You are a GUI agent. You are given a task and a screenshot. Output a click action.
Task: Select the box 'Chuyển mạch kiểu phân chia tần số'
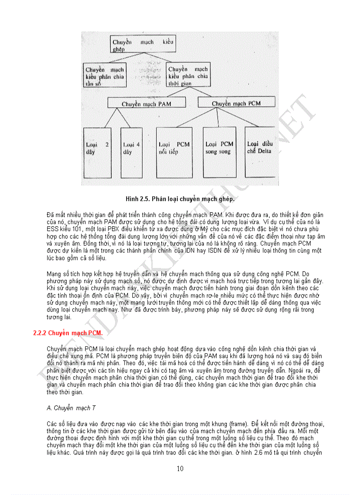[105, 76]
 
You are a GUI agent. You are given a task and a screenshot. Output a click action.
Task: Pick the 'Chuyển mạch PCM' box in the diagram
[236, 103]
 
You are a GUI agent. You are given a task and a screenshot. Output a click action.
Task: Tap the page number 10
[180, 469]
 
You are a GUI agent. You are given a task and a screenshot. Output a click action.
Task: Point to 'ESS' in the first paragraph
[52, 229]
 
